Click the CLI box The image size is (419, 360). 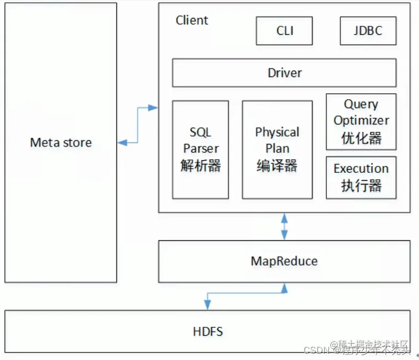pos(284,31)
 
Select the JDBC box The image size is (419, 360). pos(367,31)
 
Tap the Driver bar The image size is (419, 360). pos(284,73)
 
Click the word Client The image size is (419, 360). pos(192,21)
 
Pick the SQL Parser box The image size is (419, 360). pos(200,149)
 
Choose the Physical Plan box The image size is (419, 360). pos(277,149)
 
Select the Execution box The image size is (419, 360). pos(361,177)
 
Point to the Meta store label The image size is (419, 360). pos(61,142)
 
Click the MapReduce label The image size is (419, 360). pos(284,261)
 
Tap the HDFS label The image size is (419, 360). pos(208,332)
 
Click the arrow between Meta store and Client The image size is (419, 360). pos(138,125)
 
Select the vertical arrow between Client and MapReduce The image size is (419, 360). pos(285,227)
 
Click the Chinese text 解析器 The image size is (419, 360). pos(200,166)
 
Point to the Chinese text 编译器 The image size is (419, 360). pos(277,166)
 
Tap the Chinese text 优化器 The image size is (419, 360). pos(361,138)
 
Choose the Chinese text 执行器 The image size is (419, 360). pos(361,185)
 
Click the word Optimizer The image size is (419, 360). pos(361,120)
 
